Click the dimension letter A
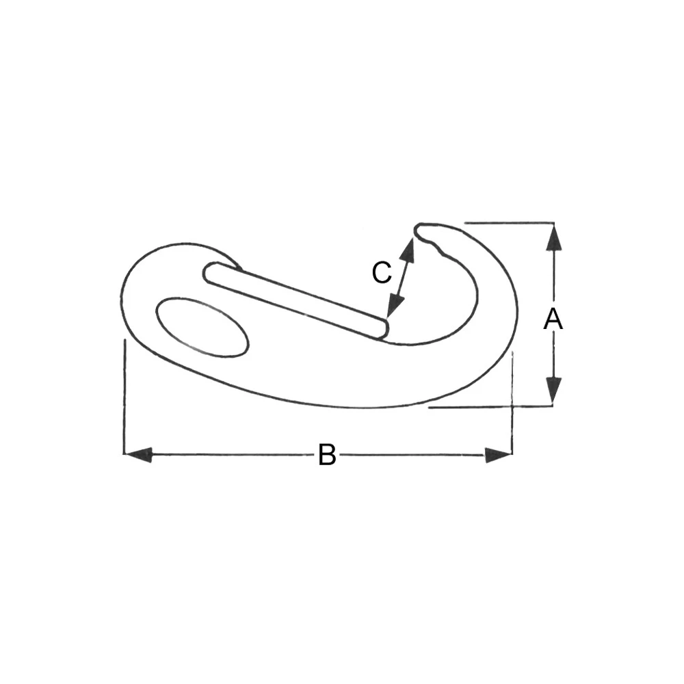[x=553, y=319]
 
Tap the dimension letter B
[x=327, y=455]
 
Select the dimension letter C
[x=381, y=273]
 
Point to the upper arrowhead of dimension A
[x=554, y=236]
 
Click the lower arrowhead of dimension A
[x=554, y=391]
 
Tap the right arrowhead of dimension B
[x=498, y=454]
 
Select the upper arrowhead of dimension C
[x=408, y=251]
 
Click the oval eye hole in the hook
[x=202, y=327]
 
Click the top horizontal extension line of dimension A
[x=506, y=222]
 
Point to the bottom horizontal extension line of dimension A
[x=479, y=407]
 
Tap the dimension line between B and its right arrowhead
[x=410, y=454]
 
